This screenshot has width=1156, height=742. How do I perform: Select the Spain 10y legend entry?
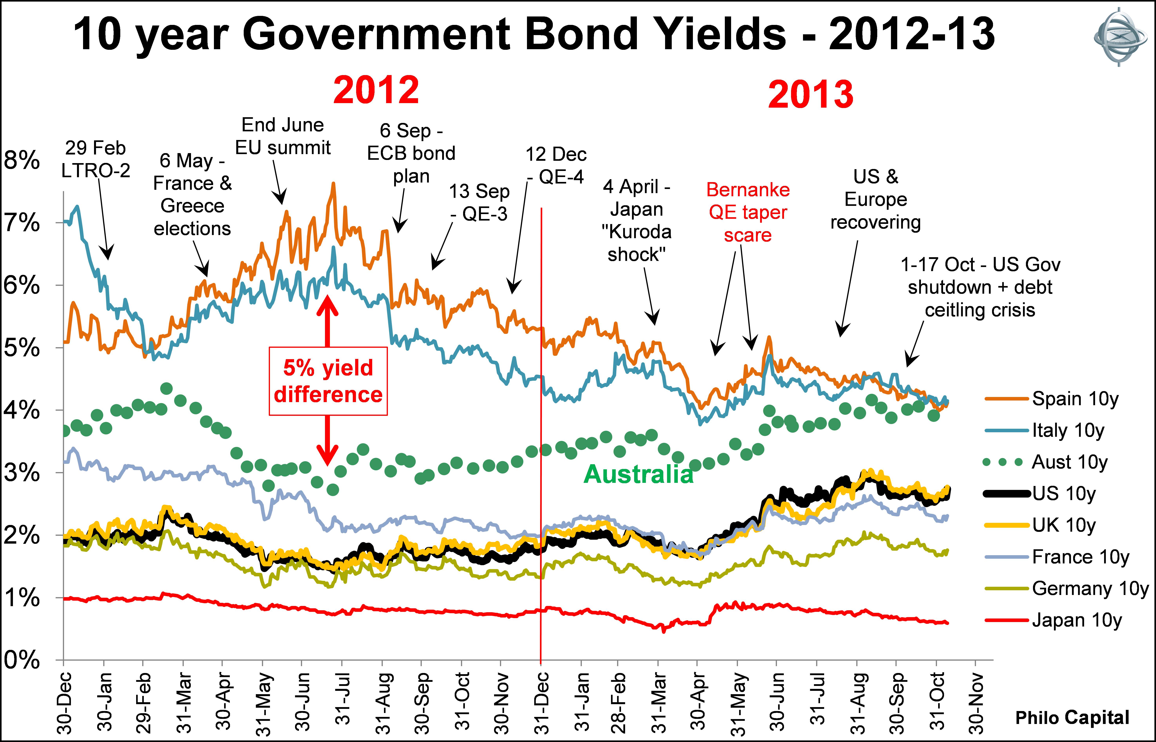(1075, 399)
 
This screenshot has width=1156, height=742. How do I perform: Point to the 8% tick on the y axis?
(22, 160)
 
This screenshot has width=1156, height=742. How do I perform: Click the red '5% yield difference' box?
(328, 381)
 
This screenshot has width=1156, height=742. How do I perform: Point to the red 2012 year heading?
(376, 90)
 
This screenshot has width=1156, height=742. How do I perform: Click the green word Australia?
(638, 475)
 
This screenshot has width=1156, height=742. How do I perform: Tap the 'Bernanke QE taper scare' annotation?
(748, 213)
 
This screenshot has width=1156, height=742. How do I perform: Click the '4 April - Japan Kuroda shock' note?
(636, 220)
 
